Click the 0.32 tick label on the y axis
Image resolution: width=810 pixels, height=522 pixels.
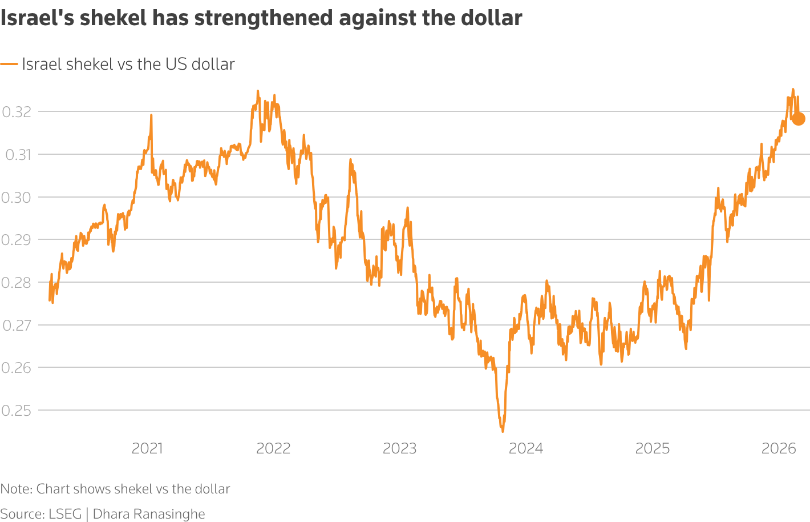[16, 112]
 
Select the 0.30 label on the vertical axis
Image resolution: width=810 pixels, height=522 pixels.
[16, 198]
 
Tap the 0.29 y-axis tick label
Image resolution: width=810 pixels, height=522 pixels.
[16, 240]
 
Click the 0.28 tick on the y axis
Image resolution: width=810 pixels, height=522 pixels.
[16, 283]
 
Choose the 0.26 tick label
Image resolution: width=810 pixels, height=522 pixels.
[16, 368]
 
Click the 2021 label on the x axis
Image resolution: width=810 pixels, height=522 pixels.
[147, 448]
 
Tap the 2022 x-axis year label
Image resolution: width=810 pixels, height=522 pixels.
[273, 448]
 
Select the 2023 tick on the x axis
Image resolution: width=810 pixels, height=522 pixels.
[399, 448]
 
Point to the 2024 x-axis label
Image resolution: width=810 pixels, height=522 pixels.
[526, 448]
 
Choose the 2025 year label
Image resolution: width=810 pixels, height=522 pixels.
[652, 448]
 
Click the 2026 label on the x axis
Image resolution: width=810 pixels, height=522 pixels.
[779, 448]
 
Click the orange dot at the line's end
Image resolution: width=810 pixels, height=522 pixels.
[798, 119]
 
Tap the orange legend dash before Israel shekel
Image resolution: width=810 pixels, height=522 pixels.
[9, 65]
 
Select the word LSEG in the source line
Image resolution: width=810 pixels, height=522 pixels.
[65, 514]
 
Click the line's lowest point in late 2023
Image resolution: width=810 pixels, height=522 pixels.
[503, 431]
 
